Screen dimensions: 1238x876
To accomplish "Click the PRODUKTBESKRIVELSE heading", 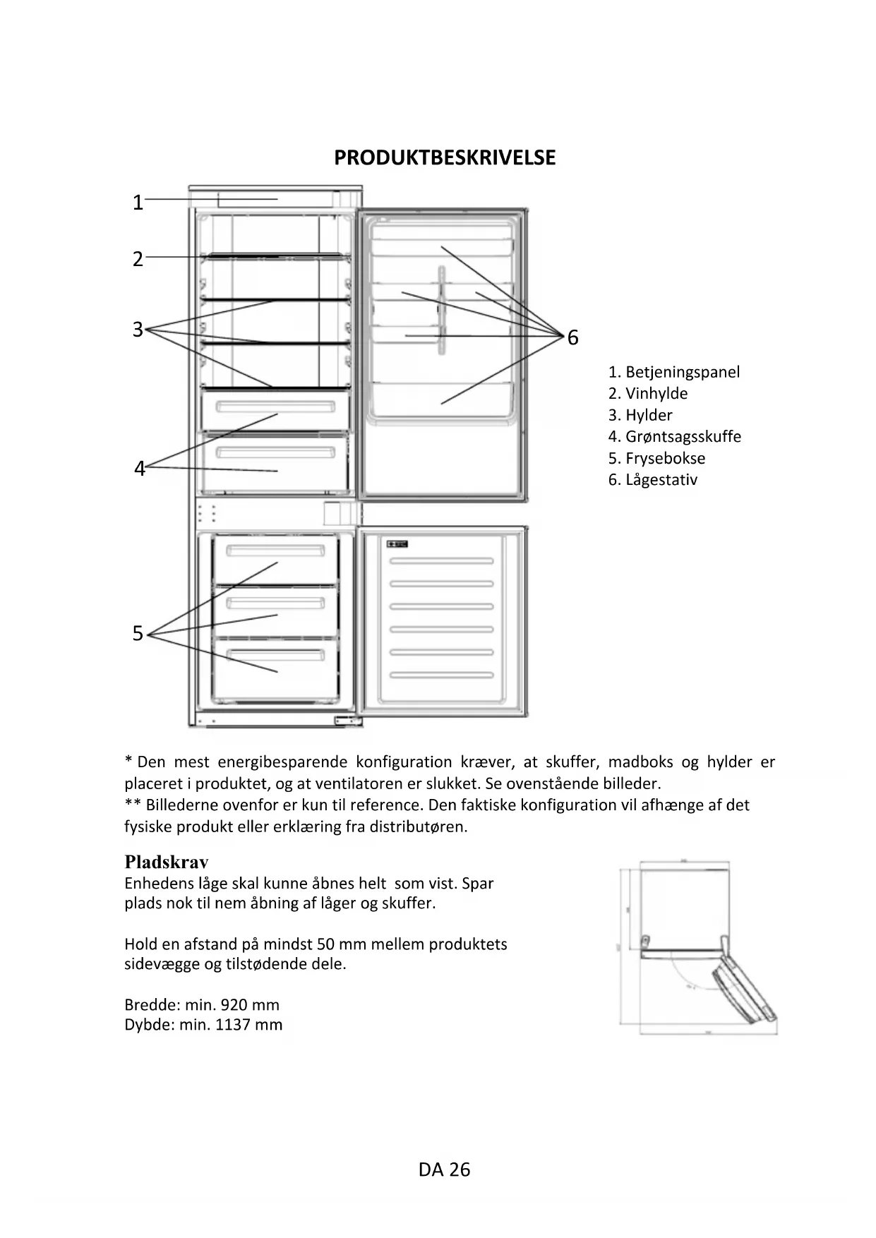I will (x=445, y=157).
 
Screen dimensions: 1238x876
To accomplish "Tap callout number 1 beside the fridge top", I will (x=138, y=203).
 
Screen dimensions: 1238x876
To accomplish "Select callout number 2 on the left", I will (x=138, y=259).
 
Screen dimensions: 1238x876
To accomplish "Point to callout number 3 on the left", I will (x=138, y=330).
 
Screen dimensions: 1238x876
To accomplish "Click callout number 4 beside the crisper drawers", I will (x=140, y=469).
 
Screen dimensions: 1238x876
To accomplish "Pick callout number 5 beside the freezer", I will (x=138, y=634).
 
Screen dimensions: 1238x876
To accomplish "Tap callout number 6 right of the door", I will (x=572, y=338).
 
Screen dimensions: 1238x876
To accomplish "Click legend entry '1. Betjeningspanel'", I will (x=674, y=372).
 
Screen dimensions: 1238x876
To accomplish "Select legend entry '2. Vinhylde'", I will (x=648, y=394).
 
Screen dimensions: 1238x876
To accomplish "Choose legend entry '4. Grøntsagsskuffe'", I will (x=675, y=437).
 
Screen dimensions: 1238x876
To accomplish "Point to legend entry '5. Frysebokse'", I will (x=656, y=458).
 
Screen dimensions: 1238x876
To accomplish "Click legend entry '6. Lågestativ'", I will (x=653, y=480).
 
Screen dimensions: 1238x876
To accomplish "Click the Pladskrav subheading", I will (x=167, y=862).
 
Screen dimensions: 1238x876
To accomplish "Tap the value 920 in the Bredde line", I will (x=234, y=1004).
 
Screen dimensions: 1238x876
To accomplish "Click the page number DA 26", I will (x=444, y=1170).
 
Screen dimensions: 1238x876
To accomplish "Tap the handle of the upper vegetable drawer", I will (x=275, y=407).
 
